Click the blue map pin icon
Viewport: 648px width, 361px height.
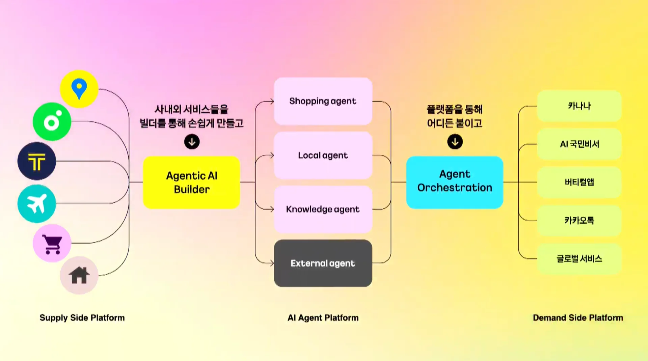click(79, 89)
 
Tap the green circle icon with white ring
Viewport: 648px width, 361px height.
click(52, 122)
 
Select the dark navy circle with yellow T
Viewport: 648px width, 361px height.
click(37, 161)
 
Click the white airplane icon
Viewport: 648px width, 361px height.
click(37, 203)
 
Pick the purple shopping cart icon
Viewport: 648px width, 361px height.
click(52, 243)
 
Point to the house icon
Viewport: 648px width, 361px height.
click(79, 275)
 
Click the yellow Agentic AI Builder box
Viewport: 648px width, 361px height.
click(192, 183)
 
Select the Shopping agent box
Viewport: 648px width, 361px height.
click(323, 101)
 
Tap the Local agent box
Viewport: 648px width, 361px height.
click(323, 155)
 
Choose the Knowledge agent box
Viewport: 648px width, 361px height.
click(323, 209)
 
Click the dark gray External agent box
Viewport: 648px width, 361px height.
click(323, 263)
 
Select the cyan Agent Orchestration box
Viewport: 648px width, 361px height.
click(455, 182)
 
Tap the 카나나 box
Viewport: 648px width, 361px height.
click(579, 106)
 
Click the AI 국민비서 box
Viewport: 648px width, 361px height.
click(579, 144)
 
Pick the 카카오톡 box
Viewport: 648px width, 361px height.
click(579, 221)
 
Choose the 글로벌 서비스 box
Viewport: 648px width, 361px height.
click(579, 259)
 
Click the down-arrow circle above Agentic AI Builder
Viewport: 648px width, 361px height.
click(192, 142)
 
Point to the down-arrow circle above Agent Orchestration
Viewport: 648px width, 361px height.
click(455, 142)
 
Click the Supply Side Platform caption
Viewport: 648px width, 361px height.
click(82, 318)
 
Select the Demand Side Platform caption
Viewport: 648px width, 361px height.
click(578, 318)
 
